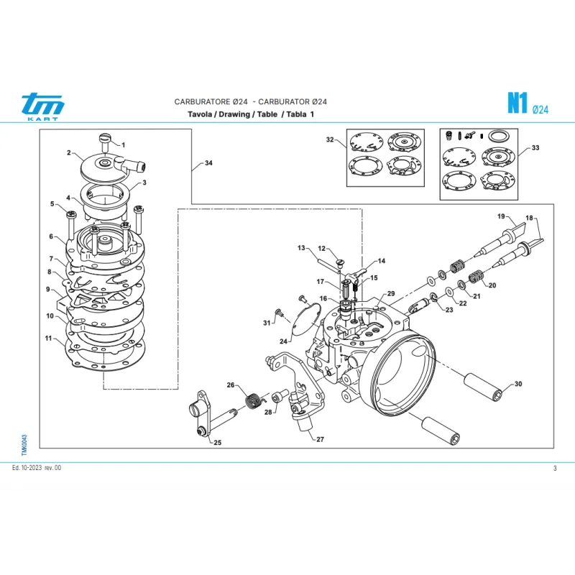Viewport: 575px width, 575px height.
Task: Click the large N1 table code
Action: [515, 103]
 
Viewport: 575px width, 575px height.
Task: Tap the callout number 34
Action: [208, 164]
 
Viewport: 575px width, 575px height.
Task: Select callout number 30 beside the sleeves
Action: [518, 385]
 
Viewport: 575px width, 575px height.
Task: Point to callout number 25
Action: [217, 442]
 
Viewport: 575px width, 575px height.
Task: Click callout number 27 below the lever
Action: [320, 438]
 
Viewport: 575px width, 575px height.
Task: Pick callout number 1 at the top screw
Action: [123, 145]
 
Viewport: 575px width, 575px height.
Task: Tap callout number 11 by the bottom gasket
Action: [48, 338]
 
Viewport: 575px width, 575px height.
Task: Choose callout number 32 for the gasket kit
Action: [330, 139]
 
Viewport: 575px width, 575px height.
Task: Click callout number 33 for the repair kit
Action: [535, 148]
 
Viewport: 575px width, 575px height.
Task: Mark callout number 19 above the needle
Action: [501, 216]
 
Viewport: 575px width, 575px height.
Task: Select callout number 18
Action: [529, 218]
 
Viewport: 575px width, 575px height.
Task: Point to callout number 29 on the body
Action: [391, 294]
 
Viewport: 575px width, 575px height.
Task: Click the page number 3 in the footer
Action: [555, 469]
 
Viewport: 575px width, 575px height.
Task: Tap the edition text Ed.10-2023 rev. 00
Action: [37, 469]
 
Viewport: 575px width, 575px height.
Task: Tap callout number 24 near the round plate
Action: [284, 341]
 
